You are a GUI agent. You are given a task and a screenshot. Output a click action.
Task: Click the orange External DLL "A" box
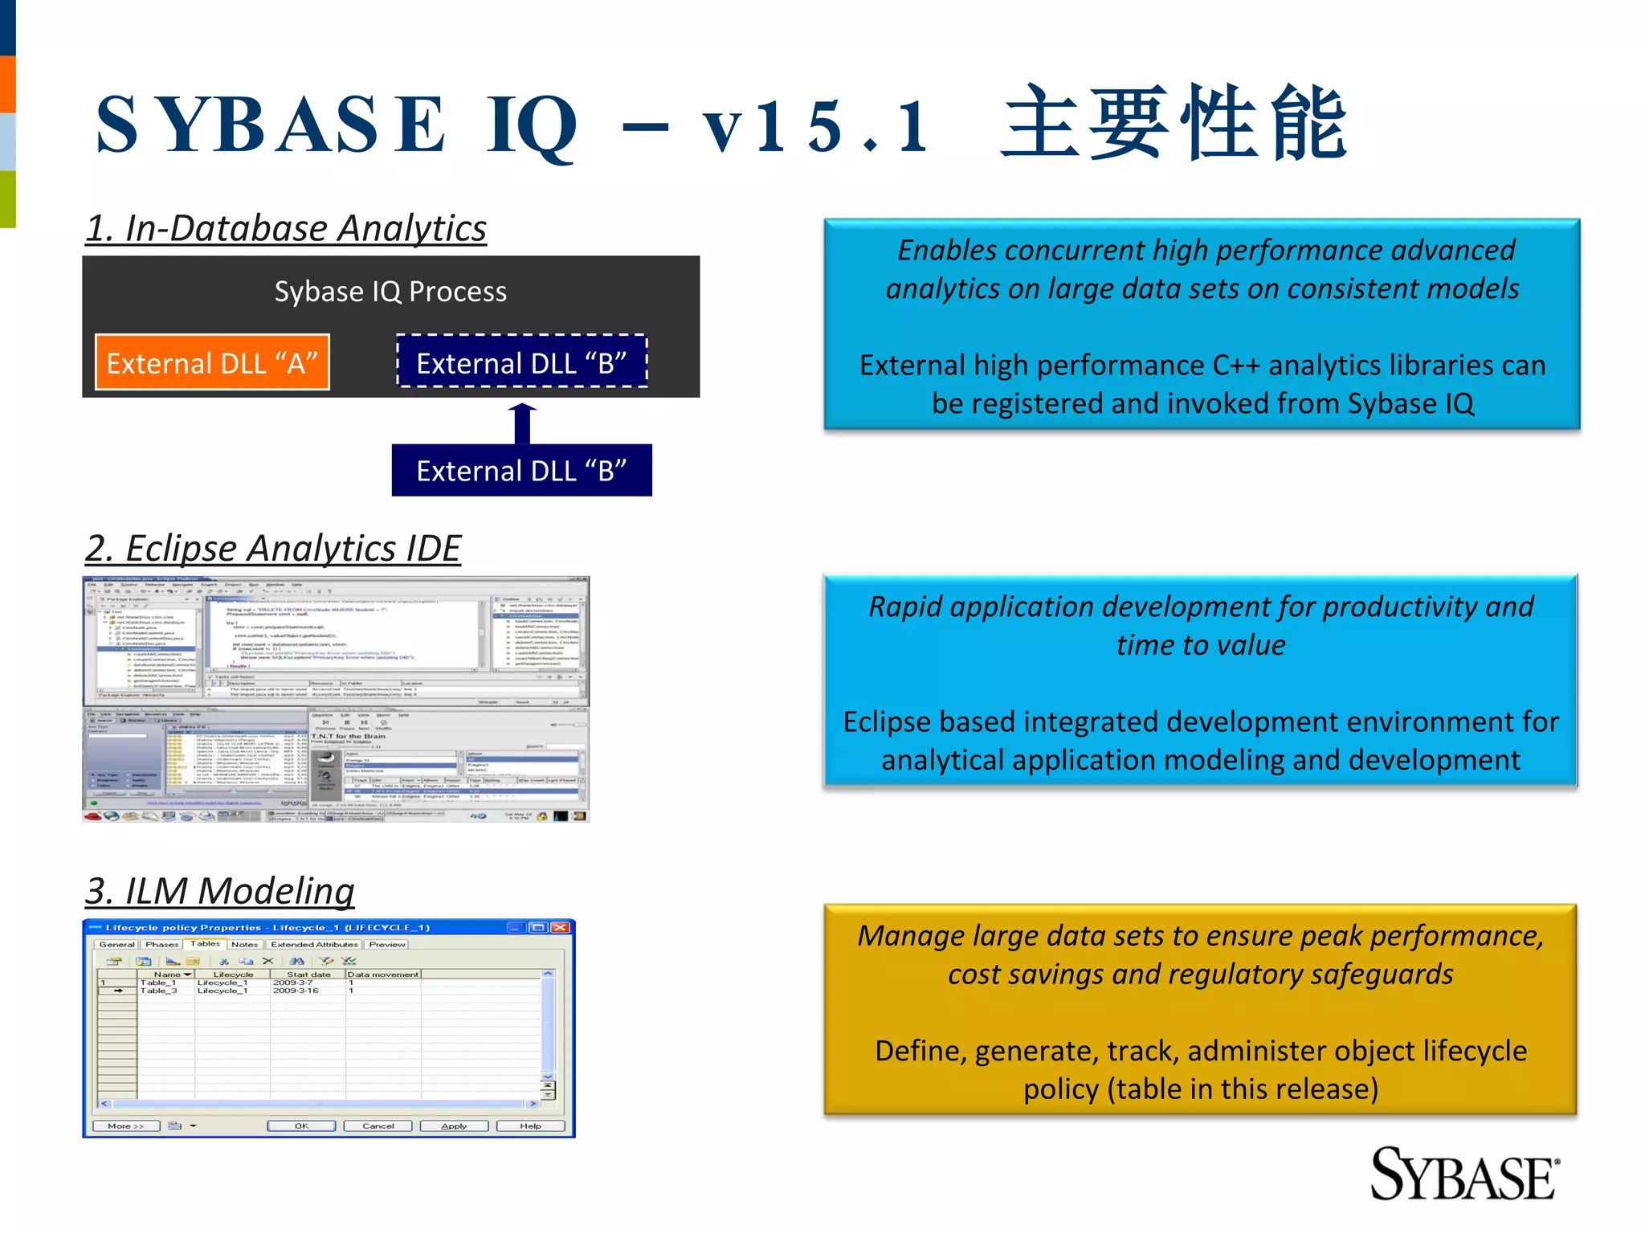pyautogui.click(x=212, y=362)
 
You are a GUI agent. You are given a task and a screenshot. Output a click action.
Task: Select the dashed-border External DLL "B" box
pyautogui.click(x=521, y=362)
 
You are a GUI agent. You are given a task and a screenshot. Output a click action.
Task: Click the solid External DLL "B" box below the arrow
pyautogui.click(x=521, y=471)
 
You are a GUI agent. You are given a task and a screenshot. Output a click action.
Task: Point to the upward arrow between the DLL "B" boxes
pyautogui.click(x=522, y=423)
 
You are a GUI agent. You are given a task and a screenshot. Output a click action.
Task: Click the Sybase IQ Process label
pyautogui.click(x=390, y=292)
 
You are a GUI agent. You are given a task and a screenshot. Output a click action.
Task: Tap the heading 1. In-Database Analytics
pyautogui.click(x=286, y=228)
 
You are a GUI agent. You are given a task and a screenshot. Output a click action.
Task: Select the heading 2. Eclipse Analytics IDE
pyautogui.click(x=273, y=549)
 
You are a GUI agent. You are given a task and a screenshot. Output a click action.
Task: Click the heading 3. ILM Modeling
pyautogui.click(x=220, y=891)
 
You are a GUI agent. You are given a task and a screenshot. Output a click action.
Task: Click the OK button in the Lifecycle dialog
pyautogui.click(x=301, y=1126)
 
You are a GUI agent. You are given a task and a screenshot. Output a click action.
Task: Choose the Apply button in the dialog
pyautogui.click(x=454, y=1126)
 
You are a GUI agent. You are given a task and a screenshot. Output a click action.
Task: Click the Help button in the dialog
pyautogui.click(x=530, y=1126)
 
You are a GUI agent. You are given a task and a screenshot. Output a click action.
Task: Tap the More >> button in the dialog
pyautogui.click(x=126, y=1126)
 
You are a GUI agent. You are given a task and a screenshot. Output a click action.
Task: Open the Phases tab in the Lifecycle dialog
pyautogui.click(x=162, y=944)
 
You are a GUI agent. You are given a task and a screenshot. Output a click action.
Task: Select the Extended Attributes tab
pyautogui.click(x=314, y=944)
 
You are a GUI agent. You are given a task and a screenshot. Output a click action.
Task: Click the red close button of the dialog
pyautogui.click(x=560, y=927)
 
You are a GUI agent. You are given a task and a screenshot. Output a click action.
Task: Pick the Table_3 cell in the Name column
pyautogui.click(x=159, y=991)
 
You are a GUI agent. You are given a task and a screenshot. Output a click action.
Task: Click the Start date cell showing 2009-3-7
pyautogui.click(x=293, y=983)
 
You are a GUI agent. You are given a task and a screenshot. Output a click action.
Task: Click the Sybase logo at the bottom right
pyautogui.click(x=1463, y=1175)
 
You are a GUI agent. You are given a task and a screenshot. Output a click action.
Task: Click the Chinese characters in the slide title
pyautogui.click(x=1174, y=125)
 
